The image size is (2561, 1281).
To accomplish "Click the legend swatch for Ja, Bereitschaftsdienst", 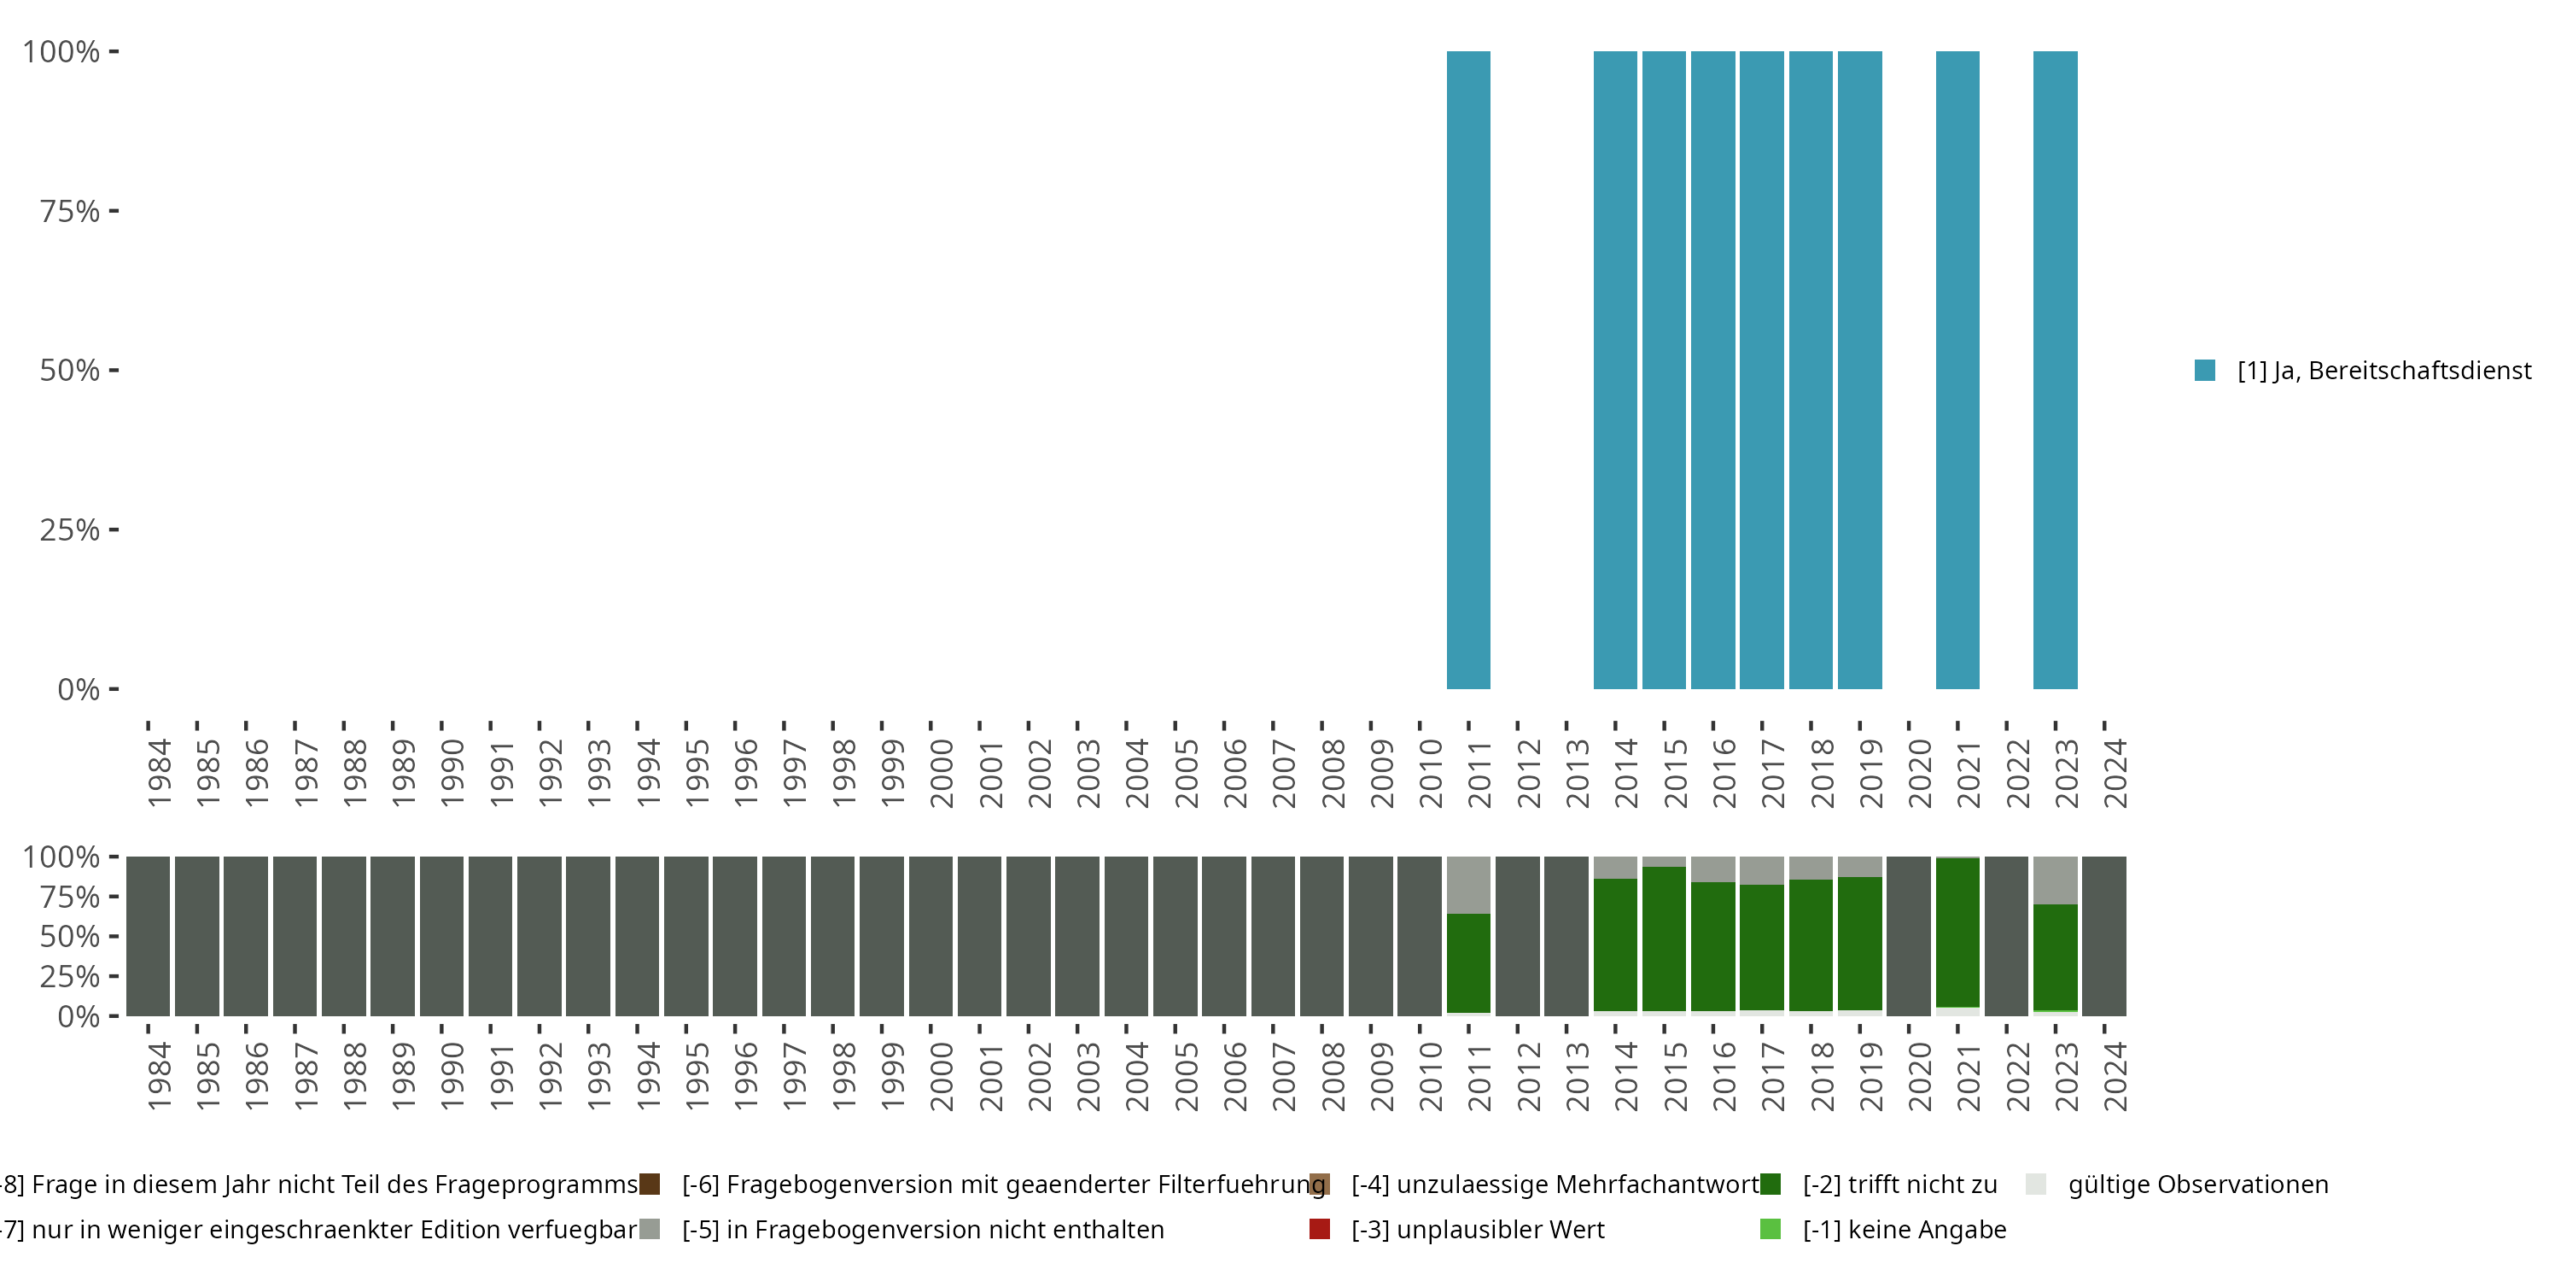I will click(x=2205, y=371).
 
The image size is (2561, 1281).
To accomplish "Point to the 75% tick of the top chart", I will click(x=114, y=211).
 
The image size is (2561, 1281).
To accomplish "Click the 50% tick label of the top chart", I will click(x=70, y=371).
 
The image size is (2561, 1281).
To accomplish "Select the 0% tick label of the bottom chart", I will click(x=79, y=1016).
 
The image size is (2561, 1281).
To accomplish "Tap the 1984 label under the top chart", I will click(x=159, y=773).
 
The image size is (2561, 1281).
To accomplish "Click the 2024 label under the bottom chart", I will click(x=2115, y=1076).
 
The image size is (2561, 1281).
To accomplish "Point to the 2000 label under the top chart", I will click(x=942, y=773).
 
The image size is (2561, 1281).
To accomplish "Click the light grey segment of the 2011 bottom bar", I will click(x=1467, y=885).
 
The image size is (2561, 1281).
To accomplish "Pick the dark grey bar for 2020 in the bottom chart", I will click(x=1908, y=936).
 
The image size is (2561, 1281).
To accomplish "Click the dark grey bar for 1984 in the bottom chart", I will click(x=149, y=936).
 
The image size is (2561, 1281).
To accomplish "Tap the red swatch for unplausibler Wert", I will click(x=1319, y=1229).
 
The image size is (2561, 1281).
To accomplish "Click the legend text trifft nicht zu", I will click(x=1899, y=1184).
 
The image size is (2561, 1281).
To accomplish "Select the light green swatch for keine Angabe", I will click(x=1770, y=1229).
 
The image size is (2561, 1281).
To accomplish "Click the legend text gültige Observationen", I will click(x=2197, y=1184).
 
